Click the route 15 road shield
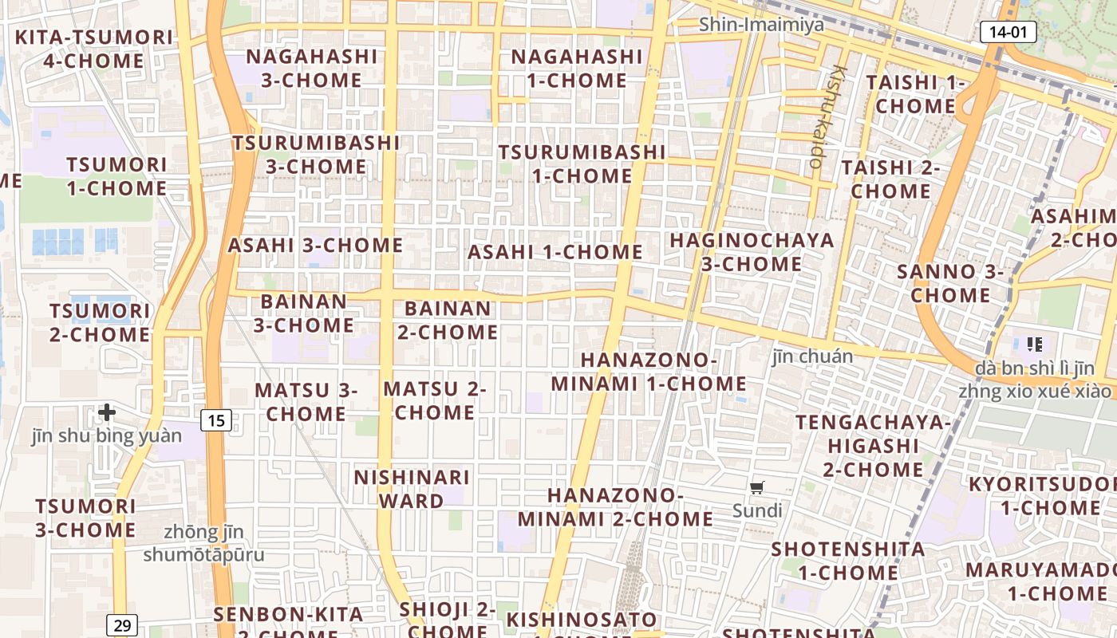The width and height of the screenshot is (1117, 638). pyautogui.click(x=216, y=419)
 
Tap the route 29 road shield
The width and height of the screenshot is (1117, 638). pyautogui.click(x=122, y=624)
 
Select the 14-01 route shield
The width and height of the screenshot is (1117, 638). pyautogui.click(x=1008, y=32)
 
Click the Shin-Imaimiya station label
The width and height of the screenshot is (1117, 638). pyautogui.click(x=761, y=25)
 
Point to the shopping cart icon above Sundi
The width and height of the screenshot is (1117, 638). pyautogui.click(x=757, y=487)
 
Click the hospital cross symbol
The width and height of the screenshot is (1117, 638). pyautogui.click(x=107, y=412)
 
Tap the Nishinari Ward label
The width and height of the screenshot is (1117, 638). pyautogui.click(x=412, y=489)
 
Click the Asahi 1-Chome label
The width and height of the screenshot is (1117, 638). pyautogui.click(x=555, y=252)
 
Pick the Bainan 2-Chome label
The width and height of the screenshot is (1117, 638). pyautogui.click(x=448, y=320)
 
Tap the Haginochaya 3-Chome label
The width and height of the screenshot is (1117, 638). pyautogui.click(x=752, y=252)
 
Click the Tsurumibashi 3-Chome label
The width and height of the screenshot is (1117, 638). pyautogui.click(x=316, y=155)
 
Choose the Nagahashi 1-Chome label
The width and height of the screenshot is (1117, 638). pyautogui.click(x=576, y=69)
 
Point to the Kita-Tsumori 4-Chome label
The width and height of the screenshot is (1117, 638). pyautogui.click(x=93, y=49)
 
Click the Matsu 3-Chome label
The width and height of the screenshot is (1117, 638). pyautogui.click(x=306, y=402)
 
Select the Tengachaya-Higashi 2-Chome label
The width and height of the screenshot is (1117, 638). pyautogui.click(x=873, y=445)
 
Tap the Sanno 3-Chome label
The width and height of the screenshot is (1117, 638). pyautogui.click(x=950, y=283)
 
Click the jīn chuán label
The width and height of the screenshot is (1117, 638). pyautogui.click(x=812, y=356)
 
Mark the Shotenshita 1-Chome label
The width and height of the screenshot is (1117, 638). pyautogui.click(x=847, y=561)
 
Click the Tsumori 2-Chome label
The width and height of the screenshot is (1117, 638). pyautogui.click(x=100, y=322)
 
